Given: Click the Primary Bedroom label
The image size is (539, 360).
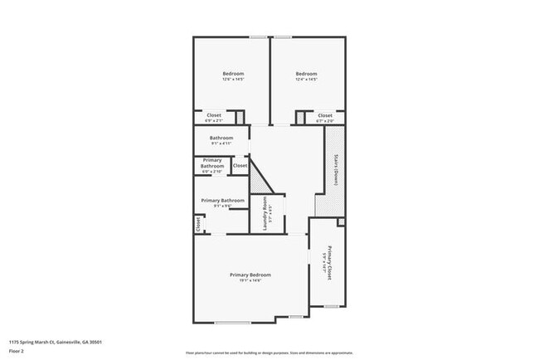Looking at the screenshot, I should point(250,275).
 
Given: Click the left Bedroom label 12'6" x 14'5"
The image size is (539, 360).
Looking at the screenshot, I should point(232,75).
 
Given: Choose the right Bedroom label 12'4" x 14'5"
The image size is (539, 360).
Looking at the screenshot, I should point(307,75).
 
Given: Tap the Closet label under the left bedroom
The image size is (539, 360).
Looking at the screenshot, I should point(214,115).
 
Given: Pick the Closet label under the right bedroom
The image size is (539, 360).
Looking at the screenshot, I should point(325,115).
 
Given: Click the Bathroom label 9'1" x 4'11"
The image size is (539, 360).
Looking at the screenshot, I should point(221,138).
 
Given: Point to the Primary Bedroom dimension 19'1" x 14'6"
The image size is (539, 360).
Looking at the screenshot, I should point(250,280).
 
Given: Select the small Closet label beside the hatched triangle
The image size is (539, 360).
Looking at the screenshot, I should point(240,166).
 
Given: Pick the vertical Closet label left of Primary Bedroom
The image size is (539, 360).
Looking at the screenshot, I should point(198,223).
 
